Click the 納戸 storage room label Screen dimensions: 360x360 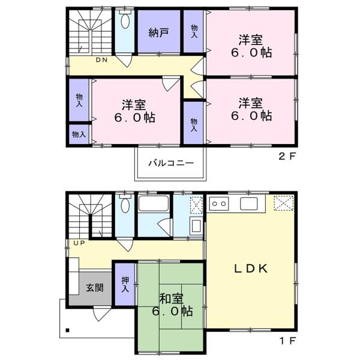tap(158, 32)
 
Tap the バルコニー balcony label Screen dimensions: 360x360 tap(171, 163)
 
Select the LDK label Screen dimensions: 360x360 tap(251, 268)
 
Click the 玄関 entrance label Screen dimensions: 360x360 tap(95, 287)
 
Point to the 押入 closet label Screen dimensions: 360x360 tap(125, 284)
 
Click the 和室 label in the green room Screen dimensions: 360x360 tap(172, 298)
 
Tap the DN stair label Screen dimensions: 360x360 tap(101, 60)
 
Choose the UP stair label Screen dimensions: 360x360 tap(79, 242)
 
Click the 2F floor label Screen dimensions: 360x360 tap(287, 157)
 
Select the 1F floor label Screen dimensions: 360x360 tap(287, 341)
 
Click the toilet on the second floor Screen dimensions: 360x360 tap(125, 20)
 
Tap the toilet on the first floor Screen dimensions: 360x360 tap(125, 204)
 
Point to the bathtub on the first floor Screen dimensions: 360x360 tap(154, 203)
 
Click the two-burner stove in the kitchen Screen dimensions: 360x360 tap(220, 203)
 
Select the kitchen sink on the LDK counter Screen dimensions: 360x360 tap(249, 203)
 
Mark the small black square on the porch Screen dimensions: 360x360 tap(67, 331)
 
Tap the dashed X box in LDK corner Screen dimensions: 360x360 tap(284, 203)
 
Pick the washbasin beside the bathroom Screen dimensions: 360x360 tap(196, 227)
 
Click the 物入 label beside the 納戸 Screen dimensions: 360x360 tap(194, 31)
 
